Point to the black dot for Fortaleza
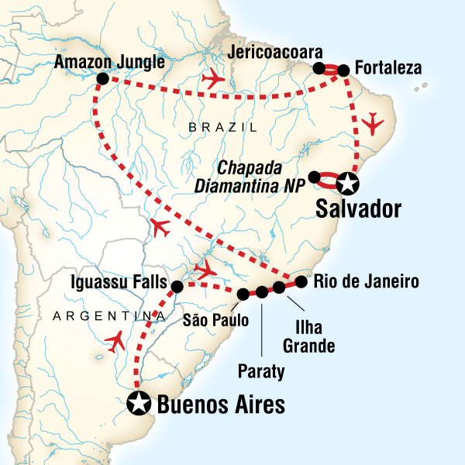click(343, 71)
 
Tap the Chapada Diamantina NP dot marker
click(314, 177)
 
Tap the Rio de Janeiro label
click(366, 281)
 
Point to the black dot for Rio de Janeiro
click(297, 281)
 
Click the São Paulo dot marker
click(243, 294)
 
